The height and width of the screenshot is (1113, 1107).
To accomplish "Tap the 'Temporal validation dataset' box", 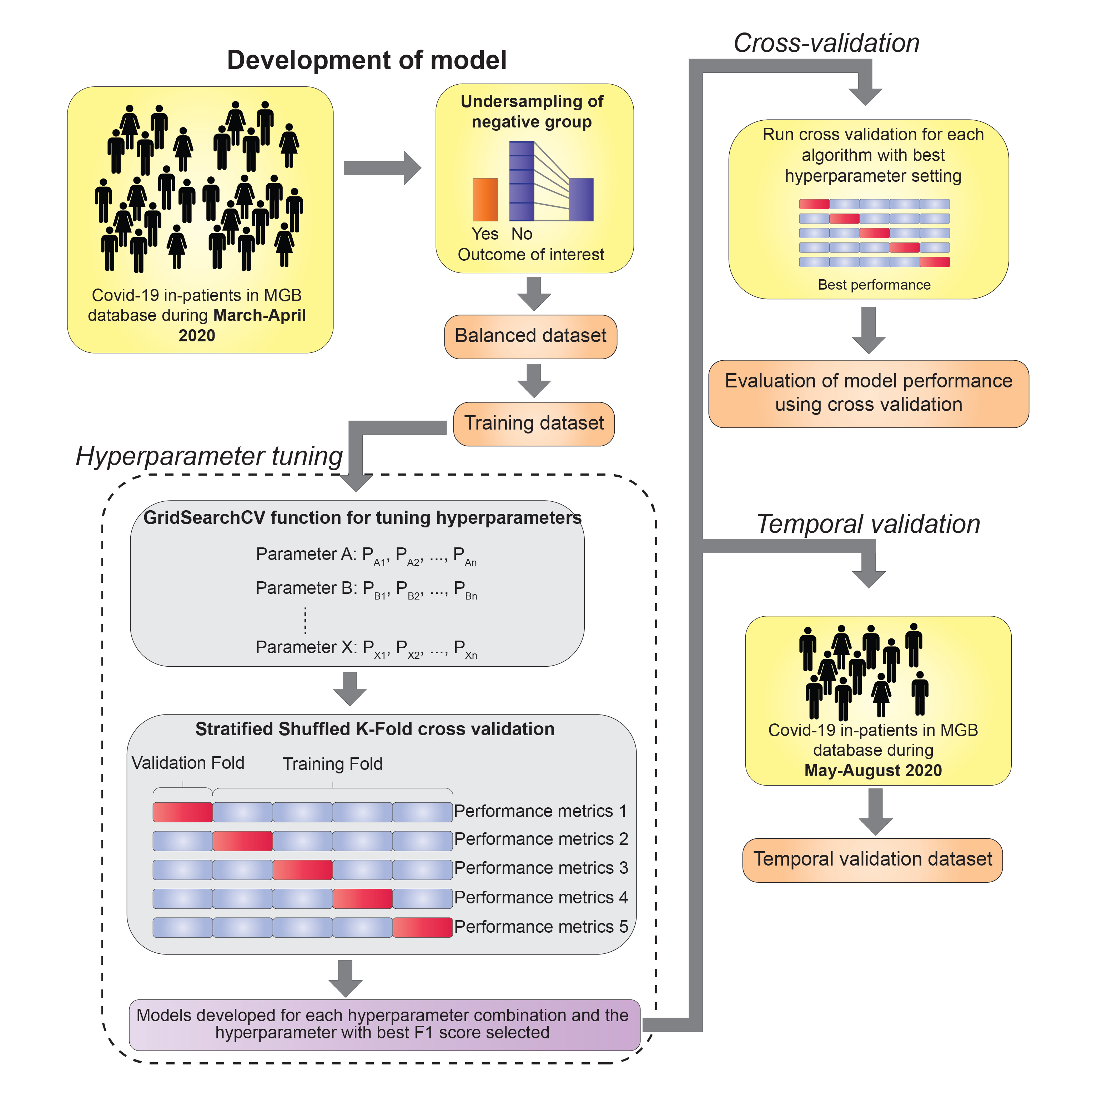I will pos(872,859).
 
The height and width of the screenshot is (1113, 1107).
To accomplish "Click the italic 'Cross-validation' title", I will pos(826,43).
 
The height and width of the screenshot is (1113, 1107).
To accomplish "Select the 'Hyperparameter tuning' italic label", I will pos(209,456).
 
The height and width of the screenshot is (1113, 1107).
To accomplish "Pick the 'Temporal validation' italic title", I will pos(868,524).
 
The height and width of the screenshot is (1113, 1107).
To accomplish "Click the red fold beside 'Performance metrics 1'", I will pos(182,812).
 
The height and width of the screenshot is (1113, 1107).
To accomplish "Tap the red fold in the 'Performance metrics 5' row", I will pos(422,927).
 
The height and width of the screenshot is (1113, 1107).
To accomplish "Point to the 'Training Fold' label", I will pos(332,764).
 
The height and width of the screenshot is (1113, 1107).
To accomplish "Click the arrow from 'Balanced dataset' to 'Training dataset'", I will pos(534,380).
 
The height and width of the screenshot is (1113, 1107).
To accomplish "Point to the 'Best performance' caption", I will pos(874,285).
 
